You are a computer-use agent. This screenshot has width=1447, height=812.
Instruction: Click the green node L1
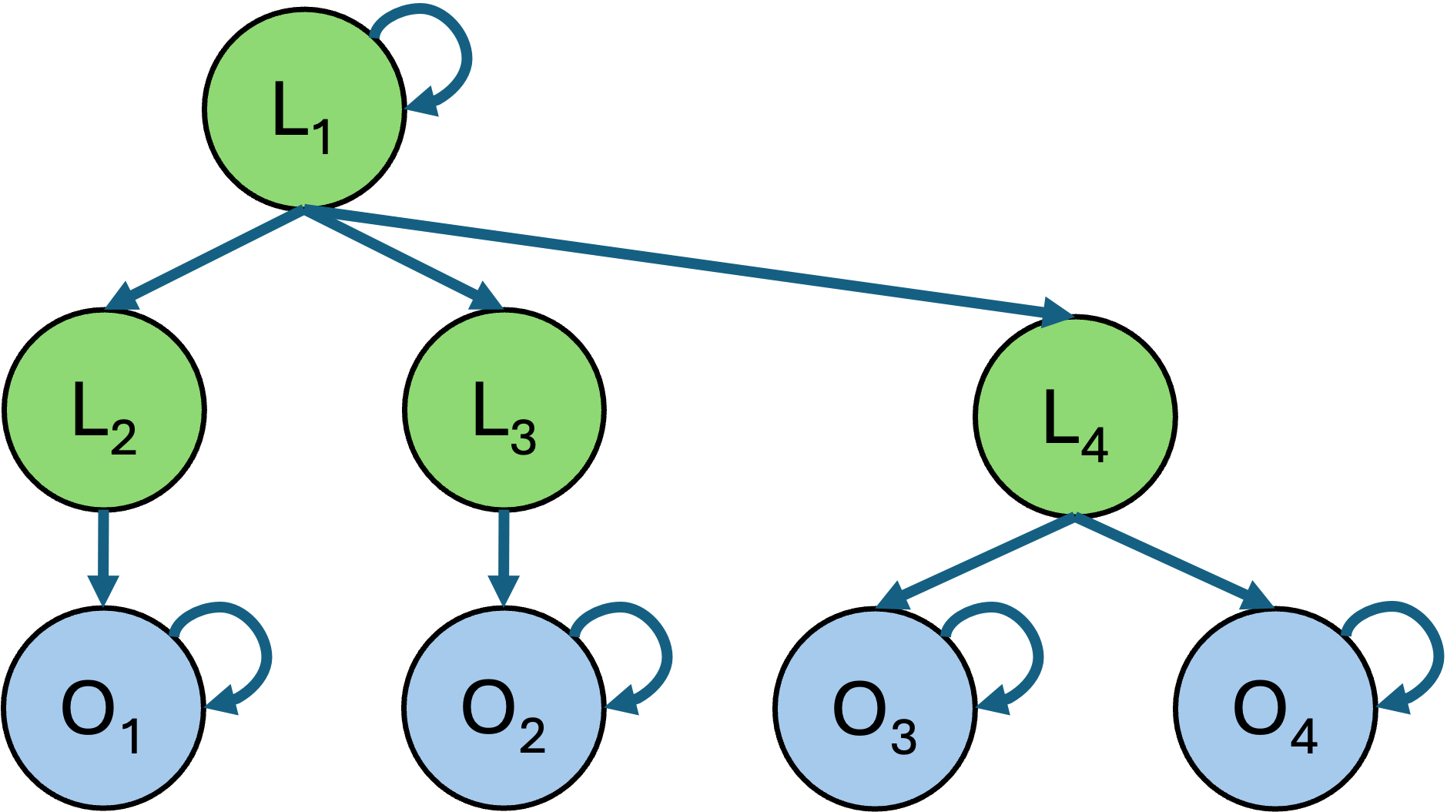coord(304,109)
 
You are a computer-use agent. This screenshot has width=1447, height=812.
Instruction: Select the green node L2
coord(104,410)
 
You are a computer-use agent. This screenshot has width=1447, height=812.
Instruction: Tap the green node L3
coord(504,410)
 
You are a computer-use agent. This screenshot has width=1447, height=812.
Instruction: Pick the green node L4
coord(1075,417)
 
